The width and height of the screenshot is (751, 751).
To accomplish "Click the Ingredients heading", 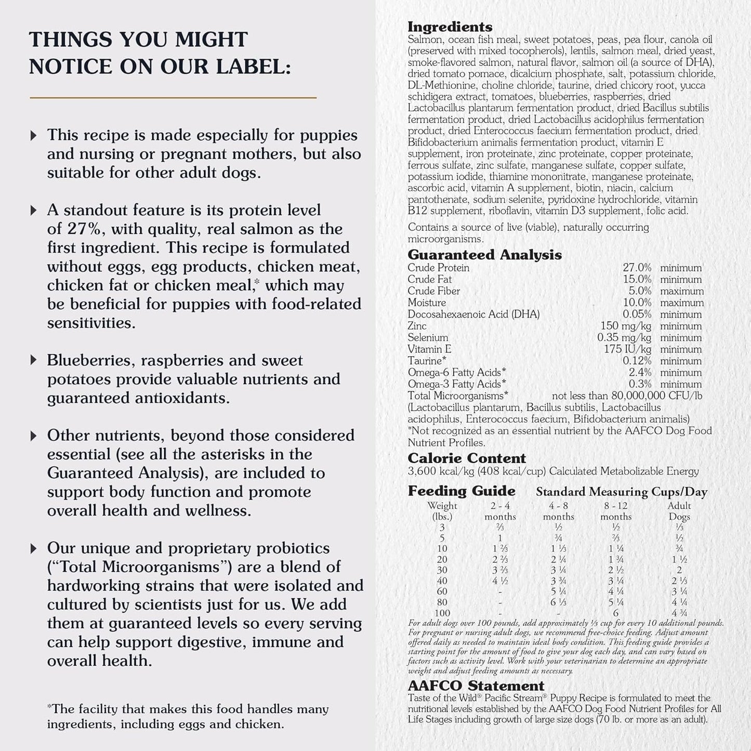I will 450,27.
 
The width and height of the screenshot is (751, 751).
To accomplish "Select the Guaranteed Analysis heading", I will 484,255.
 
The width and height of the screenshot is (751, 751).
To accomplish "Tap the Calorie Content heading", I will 467,458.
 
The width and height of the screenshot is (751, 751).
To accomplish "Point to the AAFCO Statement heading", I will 476,686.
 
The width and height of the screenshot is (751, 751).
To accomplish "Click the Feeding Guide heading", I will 462,491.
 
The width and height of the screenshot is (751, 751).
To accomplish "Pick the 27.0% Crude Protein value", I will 637,268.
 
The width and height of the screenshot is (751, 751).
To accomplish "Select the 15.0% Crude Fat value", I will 637,280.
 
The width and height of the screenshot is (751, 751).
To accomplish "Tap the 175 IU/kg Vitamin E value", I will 627,349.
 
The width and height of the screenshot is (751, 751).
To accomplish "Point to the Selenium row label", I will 428,338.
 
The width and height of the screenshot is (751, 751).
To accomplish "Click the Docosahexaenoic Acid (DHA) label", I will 473,314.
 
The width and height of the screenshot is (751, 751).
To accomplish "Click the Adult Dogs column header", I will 679,511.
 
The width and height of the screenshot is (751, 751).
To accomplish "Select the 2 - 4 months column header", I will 500,511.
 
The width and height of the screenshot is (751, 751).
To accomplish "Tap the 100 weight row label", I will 442,613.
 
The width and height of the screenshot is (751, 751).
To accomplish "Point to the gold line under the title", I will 173,97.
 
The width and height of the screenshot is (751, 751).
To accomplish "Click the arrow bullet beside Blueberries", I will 34,361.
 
